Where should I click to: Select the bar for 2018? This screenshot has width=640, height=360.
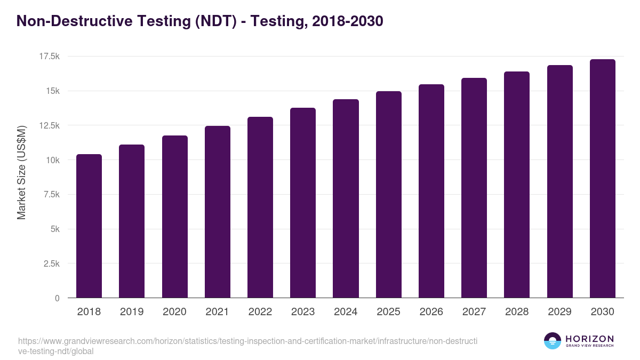(x=89, y=226)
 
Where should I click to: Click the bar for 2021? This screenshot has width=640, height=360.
(x=218, y=212)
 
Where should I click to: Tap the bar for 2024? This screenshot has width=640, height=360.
(x=346, y=198)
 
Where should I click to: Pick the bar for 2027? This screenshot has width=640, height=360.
(x=474, y=188)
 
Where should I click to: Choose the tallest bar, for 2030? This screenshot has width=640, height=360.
(x=602, y=179)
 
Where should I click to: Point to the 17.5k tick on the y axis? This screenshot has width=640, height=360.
(x=49, y=57)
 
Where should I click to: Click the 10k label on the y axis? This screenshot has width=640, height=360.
(x=52, y=160)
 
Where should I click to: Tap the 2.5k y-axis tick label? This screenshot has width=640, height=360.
(x=50, y=263)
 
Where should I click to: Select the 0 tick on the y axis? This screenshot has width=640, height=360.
(x=57, y=298)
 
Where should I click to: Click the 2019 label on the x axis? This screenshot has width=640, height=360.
(x=132, y=312)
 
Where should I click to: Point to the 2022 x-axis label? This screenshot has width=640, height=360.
(x=260, y=312)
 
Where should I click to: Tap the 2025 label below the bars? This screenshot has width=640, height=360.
(x=388, y=312)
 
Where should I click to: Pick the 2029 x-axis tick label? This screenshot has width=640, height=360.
(x=559, y=312)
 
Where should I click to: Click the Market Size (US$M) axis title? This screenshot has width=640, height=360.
(x=21, y=172)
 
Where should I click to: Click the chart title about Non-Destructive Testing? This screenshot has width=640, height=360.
(x=200, y=21)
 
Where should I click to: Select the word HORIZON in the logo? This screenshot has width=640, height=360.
(x=589, y=339)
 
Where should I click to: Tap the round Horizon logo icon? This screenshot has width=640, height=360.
(x=553, y=341)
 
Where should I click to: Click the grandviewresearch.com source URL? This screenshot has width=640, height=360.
(x=247, y=346)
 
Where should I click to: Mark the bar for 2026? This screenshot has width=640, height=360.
(x=431, y=191)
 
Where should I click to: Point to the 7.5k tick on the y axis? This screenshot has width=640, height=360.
(x=50, y=195)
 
